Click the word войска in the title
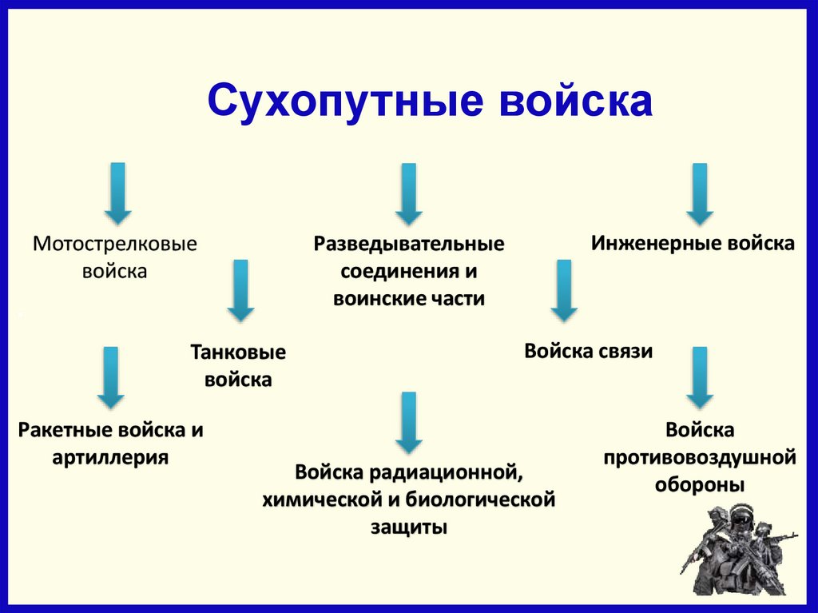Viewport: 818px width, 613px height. (575, 102)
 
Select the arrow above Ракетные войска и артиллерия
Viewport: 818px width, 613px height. (110, 377)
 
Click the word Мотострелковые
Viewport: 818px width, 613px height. (114, 243)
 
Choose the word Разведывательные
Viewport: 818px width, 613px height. (408, 244)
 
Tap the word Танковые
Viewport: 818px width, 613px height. (238, 352)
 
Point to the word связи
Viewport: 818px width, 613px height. (624, 352)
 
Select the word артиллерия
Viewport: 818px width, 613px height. (110, 458)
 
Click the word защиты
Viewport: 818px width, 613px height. (408, 527)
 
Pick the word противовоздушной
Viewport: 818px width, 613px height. (700, 458)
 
